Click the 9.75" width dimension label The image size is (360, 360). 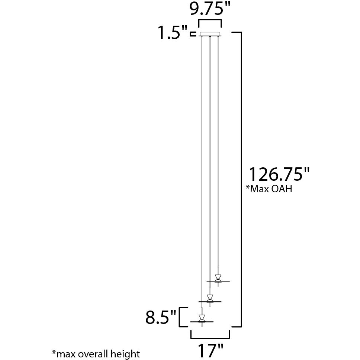point(210,9)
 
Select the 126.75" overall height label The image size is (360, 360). point(279,174)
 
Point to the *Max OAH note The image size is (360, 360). point(269,189)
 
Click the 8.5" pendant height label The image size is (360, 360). point(161,318)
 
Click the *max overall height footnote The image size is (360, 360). point(96,353)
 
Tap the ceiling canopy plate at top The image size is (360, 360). point(210,35)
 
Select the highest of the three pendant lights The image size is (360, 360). point(218,279)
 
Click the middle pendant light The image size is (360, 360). point(210,299)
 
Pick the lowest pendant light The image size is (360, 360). point(202,319)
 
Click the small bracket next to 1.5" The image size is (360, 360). point(193,34)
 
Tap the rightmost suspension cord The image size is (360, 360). point(218,149)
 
